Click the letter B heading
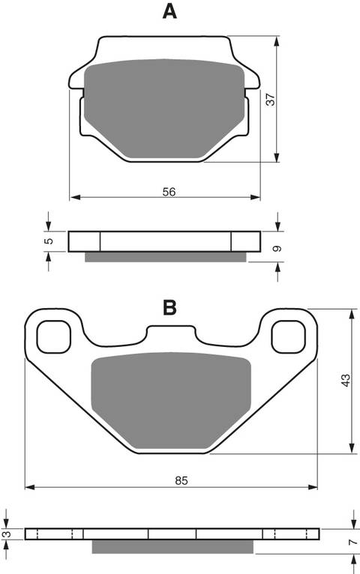coord(170,306)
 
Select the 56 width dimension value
coord(169,192)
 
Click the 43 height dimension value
coord(344,381)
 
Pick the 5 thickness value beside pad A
coord(48,241)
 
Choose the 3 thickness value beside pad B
coord(7,534)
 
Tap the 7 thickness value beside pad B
coord(351,540)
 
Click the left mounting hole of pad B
coord(53,336)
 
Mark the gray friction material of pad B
coord(171,401)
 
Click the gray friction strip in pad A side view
coord(165,257)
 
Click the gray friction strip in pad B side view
coord(174,547)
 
